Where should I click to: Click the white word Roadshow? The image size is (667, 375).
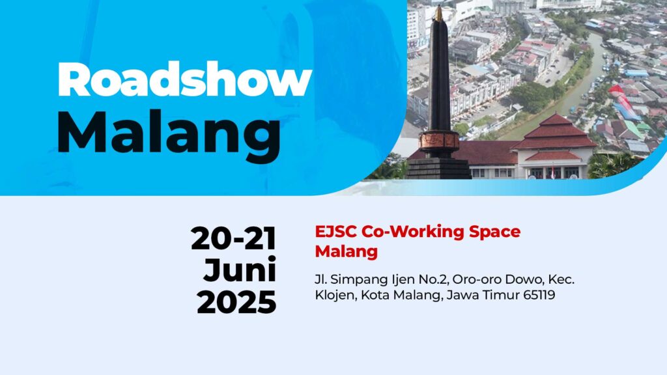pyautogui.click(x=184, y=79)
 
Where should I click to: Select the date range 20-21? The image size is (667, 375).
pyautogui.click(x=234, y=238)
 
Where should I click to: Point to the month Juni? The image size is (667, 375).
pyautogui.click(x=240, y=270)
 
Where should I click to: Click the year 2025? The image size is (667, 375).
pyautogui.click(x=236, y=302)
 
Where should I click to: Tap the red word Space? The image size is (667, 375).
pyautogui.click(x=494, y=232)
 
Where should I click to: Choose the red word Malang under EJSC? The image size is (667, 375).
pyautogui.click(x=347, y=252)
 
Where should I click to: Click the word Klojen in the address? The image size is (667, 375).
pyautogui.click(x=336, y=295)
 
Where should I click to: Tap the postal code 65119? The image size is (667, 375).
pyautogui.click(x=539, y=295)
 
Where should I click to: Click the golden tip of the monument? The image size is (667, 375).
pyautogui.click(x=438, y=13)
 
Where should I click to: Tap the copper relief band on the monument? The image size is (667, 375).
pyautogui.click(x=438, y=141)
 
